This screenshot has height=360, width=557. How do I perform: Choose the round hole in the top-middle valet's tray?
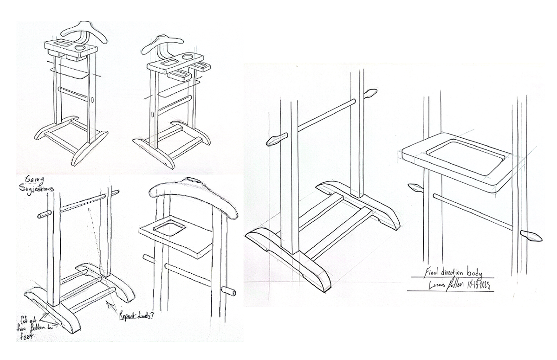coord(188,57)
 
